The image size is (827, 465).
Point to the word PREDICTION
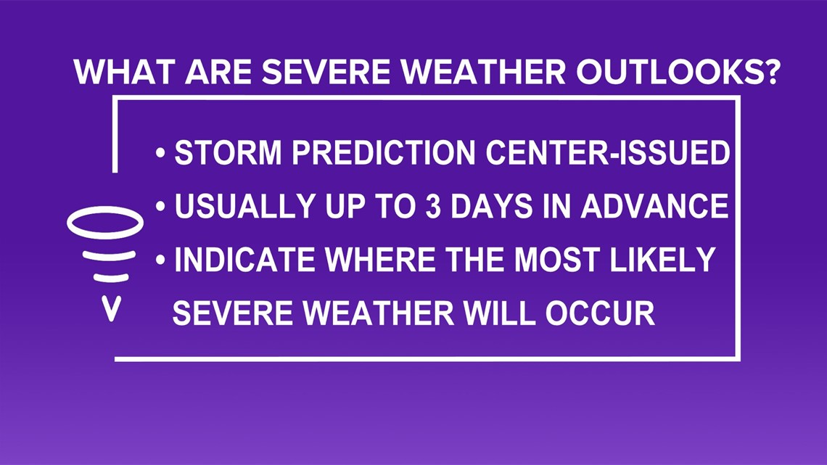(384, 152)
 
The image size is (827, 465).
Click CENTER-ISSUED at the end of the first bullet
(608, 152)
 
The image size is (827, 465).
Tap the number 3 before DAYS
(433, 205)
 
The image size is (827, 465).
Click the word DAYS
(492, 205)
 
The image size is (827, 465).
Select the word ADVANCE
(654, 205)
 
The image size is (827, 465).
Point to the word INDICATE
(244, 260)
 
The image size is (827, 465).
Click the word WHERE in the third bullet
(380, 260)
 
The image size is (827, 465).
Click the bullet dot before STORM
(161, 153)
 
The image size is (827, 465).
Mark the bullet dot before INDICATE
(161, 260)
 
